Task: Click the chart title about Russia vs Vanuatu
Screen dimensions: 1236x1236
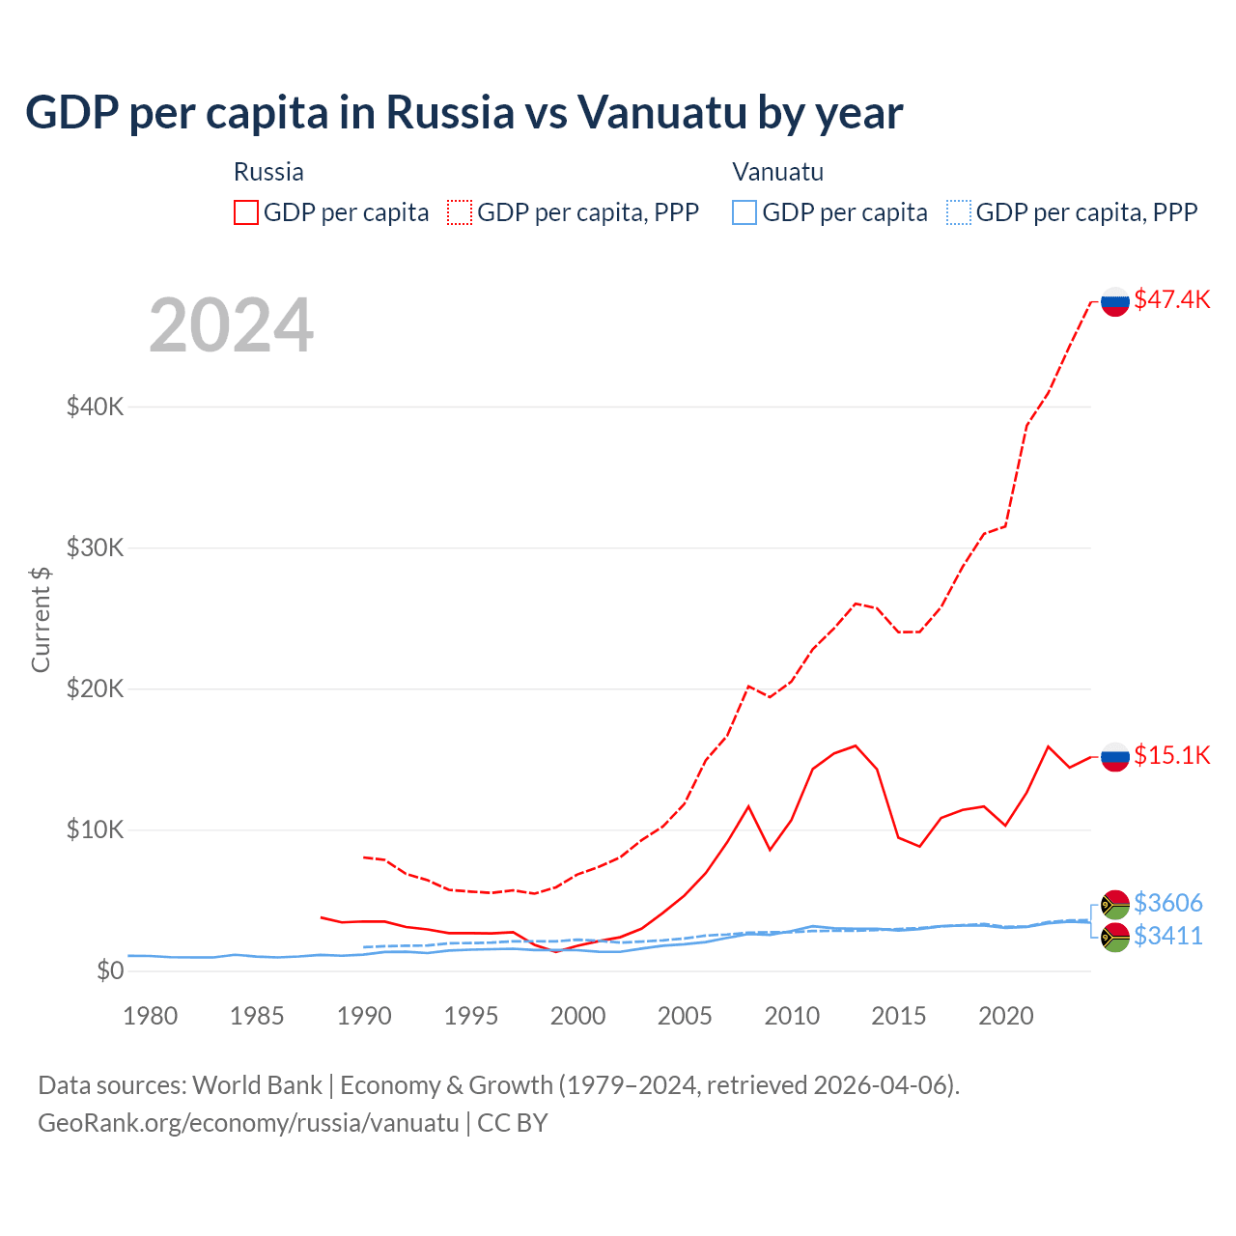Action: point(463,113)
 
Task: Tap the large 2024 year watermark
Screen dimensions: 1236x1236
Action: point(231,325)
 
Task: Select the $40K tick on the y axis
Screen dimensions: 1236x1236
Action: point(95,407)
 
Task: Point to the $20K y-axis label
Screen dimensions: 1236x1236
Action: point(95,688)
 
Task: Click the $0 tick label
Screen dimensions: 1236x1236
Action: point(109,970)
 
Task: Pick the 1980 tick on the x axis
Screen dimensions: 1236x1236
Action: point(151,1016)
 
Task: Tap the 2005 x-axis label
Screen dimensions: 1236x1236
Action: point(685,1016)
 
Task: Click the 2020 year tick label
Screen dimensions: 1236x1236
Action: point(1005,1016)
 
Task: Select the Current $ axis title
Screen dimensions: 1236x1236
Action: point(41,619)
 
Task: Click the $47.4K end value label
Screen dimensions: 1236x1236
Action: point(1171,299)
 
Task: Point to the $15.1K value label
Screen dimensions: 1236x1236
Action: point(1171,755)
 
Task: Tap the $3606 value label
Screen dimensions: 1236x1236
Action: point(1167,903)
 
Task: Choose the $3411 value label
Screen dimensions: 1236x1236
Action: point(1167,936)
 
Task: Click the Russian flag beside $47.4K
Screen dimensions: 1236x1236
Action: point(1115,301)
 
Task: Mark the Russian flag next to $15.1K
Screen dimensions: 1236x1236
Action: point(1115,757)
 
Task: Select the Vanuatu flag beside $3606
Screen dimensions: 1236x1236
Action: point(1115,905)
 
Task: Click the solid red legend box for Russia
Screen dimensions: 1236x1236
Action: point(246,212)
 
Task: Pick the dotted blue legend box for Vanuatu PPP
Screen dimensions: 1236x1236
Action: point(959,212)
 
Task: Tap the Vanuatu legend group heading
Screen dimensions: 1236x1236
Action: point(777,172)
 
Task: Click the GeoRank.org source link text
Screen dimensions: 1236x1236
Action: point(248,1123)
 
